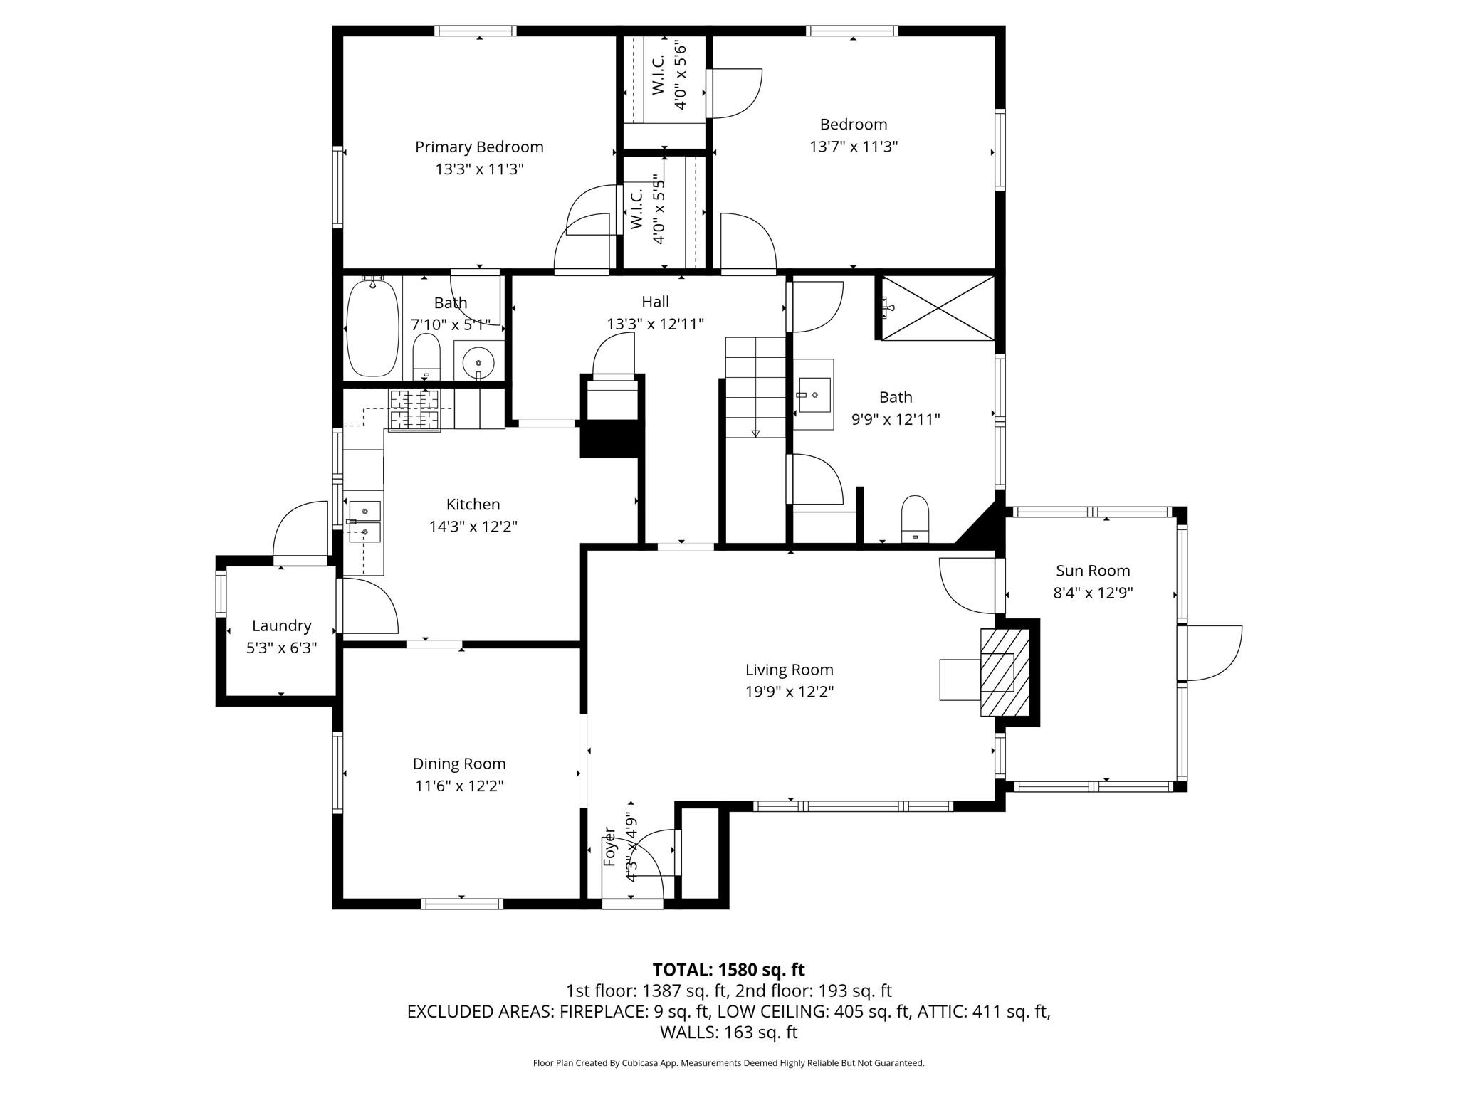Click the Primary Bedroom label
(x=479, y=147)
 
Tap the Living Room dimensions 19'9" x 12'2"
(x=790, y=691)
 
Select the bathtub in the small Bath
(x=372, y=328)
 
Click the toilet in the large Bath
(x=915, y=519)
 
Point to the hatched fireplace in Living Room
(x=1005, y=672)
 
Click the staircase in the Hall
(x=755, y=388)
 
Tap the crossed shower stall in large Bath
(x=938, y=308)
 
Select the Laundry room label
(x=282, y=625)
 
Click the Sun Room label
(x=1093, y=570)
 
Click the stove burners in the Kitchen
(x=414, y=411)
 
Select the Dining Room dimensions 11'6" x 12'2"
(x=459, y=786)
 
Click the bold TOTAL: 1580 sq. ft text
(x=728, y=969)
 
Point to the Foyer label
(x=609, y=846)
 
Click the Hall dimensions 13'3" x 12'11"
(x=655, y=324)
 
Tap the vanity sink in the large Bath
(x=814, y=394)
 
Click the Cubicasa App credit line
(x=728, y=1063)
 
